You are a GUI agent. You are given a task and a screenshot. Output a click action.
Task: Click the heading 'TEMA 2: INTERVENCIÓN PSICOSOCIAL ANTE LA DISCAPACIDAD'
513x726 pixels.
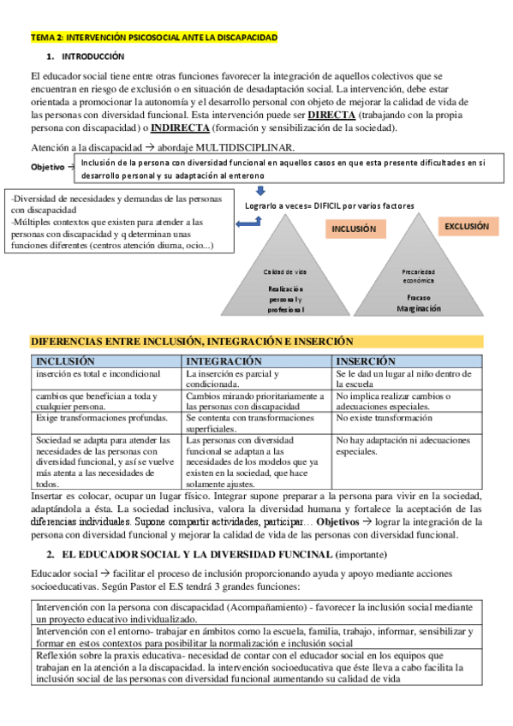[x=153, y=38]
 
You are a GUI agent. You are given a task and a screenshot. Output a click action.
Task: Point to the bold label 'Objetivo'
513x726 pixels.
[x=50, y=166]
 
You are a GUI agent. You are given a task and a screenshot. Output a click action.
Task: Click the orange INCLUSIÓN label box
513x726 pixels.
[x=353, y=229]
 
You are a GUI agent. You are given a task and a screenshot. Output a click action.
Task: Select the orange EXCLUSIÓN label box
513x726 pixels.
[x=466, y=227]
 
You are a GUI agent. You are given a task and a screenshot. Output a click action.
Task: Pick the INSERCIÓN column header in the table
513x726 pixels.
[x=366, y=361]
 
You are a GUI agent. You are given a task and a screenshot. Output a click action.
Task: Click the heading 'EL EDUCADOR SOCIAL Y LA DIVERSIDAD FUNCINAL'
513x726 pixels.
[x=194, y=554]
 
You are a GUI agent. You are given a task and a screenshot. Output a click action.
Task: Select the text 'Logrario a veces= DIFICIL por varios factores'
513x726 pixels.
[x=330, y=205]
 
